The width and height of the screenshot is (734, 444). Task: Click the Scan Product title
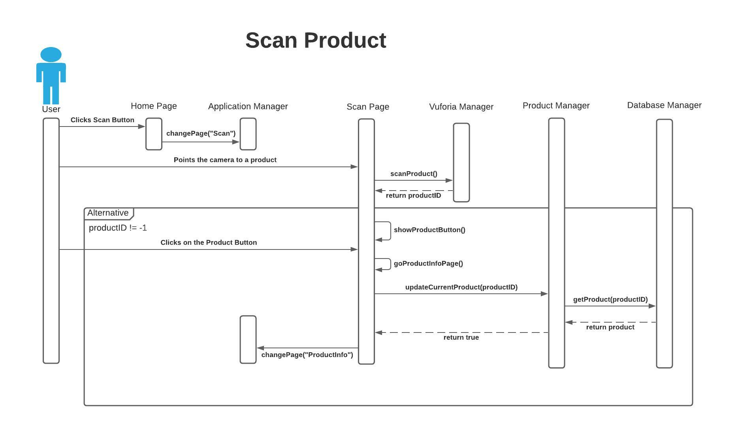(316, 40)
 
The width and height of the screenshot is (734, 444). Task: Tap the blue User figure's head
(51, 55)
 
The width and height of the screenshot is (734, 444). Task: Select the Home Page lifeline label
(154, 106)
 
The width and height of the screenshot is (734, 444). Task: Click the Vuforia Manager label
(461, 107)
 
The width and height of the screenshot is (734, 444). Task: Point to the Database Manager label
(664, 105)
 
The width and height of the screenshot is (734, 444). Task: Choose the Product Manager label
(556, 106)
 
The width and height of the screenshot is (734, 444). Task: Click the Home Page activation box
(154, 134)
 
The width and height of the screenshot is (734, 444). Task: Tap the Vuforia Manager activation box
(461, 162)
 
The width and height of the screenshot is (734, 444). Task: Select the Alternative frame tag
(108, 213)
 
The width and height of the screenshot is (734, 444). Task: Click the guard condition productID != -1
(118, 228)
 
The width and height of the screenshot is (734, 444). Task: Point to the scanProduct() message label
(414, 174)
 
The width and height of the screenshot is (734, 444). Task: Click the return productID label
(413, 195)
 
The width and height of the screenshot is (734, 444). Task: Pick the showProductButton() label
(429, 230)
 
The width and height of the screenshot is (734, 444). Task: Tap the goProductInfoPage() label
(428, 263)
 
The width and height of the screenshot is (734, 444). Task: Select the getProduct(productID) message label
(610, 299)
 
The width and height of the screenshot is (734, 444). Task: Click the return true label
(461, 337)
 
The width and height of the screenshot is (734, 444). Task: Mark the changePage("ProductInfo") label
(307, 355)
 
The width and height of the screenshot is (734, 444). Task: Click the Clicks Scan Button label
(102, 120)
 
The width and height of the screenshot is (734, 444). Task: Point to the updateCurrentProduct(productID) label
(461, 287)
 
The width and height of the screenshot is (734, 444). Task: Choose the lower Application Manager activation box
(248, 339)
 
